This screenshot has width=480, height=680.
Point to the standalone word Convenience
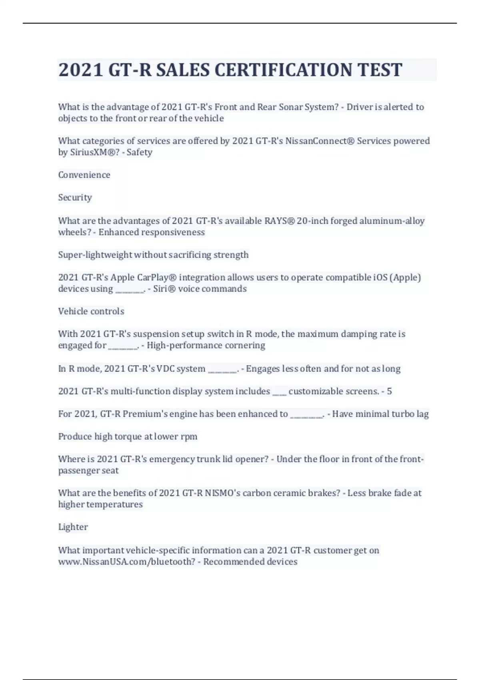pyautogui.click(x=84, y=175)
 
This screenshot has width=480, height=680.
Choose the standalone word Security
pyautogui.click(x=75, y=197)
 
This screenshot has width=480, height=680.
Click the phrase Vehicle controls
pyautogui.click(x=91, y=311)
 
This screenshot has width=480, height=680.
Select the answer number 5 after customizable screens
pyautogui.click(x=389, y=391)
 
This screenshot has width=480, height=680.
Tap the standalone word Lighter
pyautogui.click(x=73, y=527)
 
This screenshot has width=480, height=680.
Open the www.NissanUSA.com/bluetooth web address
pyautogui.click(x=126, y=562)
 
